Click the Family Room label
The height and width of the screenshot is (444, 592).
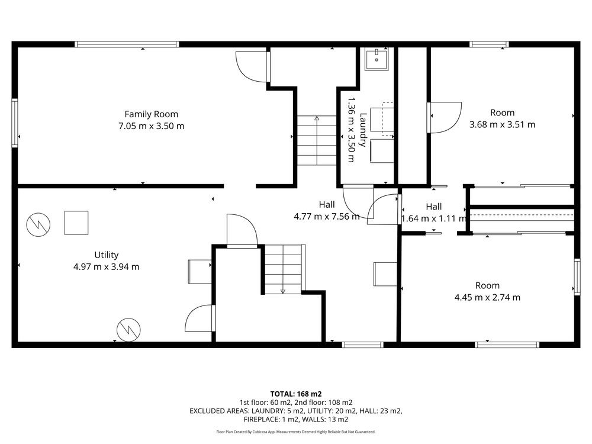(151, 114)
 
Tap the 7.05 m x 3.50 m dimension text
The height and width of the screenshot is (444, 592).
(152, 126)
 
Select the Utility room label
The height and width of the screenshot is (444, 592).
(107, 255)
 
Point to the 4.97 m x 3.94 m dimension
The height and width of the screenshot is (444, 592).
(107, 267)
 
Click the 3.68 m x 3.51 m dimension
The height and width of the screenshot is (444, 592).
(502, 124)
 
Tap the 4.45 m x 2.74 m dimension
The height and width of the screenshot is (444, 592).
(487, 298)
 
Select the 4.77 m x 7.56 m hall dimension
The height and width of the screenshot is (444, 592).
(327, 217)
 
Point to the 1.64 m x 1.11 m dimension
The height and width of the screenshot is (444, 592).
(434, 218)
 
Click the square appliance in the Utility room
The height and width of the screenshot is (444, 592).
(76, 223)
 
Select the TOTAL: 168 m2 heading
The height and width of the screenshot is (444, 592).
(296, 394)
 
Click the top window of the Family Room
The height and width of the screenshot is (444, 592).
(127, 44)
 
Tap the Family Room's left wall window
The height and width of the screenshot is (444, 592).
(15, 123)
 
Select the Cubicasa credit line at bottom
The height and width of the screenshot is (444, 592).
(296, 432)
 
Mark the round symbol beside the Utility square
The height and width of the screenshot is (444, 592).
(38, 224)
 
